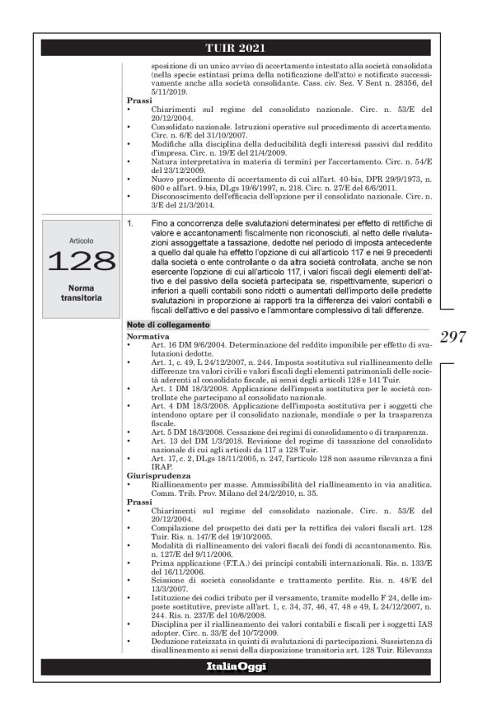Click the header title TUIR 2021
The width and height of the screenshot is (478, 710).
pyautogui.click(x=239, y=48)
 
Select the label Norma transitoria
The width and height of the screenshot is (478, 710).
pyautogui.click(x=82, y=293)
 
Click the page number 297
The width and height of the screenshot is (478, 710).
pyautogui.click(x=452, y=336)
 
